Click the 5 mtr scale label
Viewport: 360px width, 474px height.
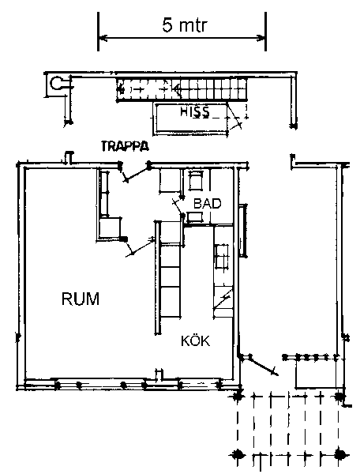(x=185, y=24)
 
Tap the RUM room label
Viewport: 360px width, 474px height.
(x=81, y=299)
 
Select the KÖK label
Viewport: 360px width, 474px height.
(x=196, y=340)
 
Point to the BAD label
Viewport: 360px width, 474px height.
(x=207, y=204)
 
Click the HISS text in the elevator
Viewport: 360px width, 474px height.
(x=195, y=112)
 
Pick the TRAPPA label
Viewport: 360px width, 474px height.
(x=125, y=146)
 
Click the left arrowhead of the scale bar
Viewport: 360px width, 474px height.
(x=103, y=39)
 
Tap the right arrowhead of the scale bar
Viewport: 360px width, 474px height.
(x=261, y=39)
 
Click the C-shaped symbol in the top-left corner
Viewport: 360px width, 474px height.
(x=56, y=84)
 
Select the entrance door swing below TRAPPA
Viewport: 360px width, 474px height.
(x=134, y=173)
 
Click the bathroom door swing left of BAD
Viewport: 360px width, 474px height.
(x=178, y=206)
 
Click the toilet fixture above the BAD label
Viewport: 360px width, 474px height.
(x=196, y=180)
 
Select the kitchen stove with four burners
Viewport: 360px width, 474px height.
(x=222, y=256)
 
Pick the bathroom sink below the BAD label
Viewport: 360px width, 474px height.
(x=194, y=217)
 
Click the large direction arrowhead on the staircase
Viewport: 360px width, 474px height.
(x=178, y=88)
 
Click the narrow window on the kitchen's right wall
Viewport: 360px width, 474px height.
(x=242, y=231)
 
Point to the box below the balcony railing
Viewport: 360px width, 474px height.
(x=315, y=374)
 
